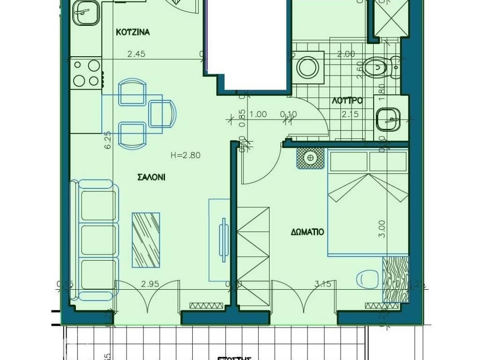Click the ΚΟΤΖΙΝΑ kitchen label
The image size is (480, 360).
click(133, 32)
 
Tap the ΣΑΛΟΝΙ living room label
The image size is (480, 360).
click(151, 177)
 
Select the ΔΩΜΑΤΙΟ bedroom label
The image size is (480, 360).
click(307, 231)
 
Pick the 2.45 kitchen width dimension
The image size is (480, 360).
click(136, 54)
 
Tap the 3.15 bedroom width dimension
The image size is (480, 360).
click(323, 284)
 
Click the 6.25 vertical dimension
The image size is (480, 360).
click(107, 140)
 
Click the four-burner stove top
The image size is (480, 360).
click(86, 73)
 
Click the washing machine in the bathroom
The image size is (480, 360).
click(308, 67)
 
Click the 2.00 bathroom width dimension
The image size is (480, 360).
click(346, 54)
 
